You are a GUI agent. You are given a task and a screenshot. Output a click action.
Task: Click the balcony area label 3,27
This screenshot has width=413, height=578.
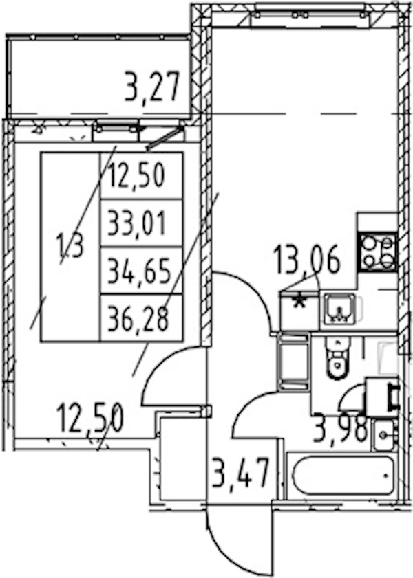click(151, 87)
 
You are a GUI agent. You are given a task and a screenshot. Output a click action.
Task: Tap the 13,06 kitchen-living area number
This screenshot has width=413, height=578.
click(306, 260)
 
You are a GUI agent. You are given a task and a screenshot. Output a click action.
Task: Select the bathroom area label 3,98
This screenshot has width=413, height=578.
click(339, 430)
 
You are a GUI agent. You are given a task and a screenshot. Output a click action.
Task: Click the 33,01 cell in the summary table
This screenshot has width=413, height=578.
click(141, 223)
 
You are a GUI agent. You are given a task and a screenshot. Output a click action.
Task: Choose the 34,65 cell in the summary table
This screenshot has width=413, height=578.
click(141, 271)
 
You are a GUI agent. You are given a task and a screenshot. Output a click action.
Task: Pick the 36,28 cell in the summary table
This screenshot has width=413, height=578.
click(141, 318)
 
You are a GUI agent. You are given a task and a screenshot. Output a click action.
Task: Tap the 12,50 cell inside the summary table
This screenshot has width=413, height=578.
click(141, 176)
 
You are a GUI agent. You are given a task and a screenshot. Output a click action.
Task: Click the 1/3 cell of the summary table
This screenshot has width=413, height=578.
click(70, 247)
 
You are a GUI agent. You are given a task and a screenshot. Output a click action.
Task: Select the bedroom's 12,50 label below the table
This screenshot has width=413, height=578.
click(90, 419)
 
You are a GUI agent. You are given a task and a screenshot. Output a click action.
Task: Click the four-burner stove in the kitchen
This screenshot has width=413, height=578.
click(378, 252)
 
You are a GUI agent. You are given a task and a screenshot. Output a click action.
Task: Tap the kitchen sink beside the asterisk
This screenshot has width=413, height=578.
click(339, 309)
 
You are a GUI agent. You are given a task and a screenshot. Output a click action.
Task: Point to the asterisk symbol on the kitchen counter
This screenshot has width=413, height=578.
click(299, 302)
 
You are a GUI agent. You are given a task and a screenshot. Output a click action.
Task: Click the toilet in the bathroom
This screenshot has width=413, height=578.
click(337, 357)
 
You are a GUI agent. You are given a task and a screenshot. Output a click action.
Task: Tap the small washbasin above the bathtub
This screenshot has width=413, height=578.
click(384, 435)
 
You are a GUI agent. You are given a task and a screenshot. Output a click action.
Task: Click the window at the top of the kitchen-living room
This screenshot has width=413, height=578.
click(306, 14)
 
